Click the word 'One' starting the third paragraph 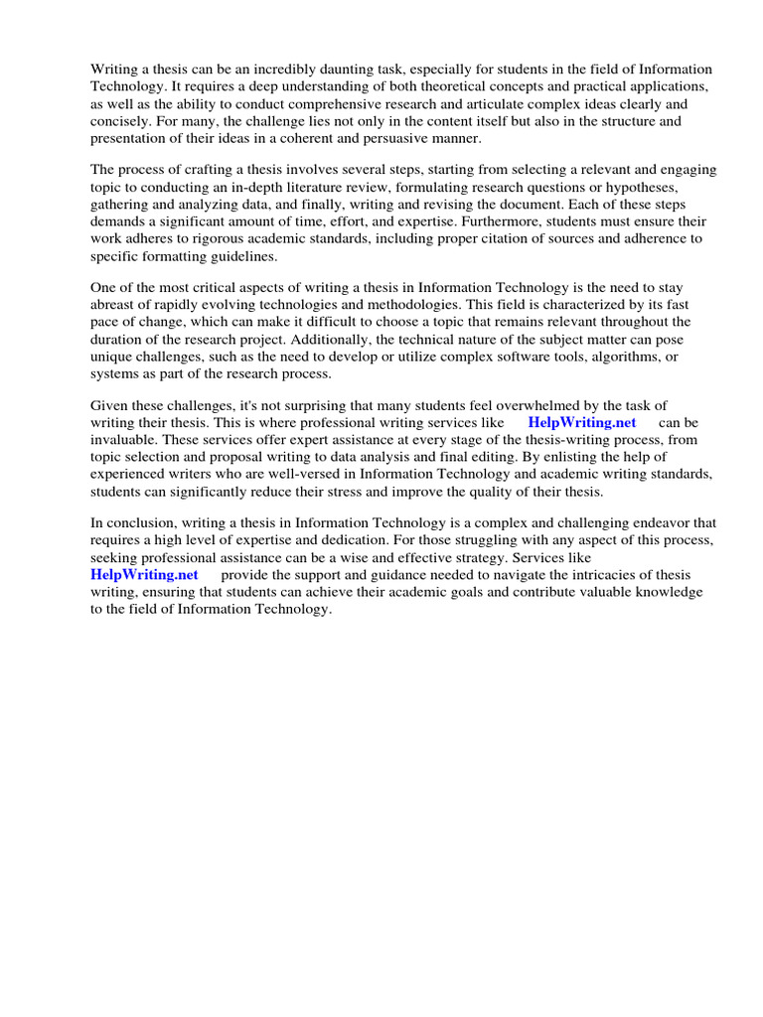104,288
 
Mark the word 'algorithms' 617,356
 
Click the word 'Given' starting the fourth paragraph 110,405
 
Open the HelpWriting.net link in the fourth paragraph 581,422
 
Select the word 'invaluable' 123,439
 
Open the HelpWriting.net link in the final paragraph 144,574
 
